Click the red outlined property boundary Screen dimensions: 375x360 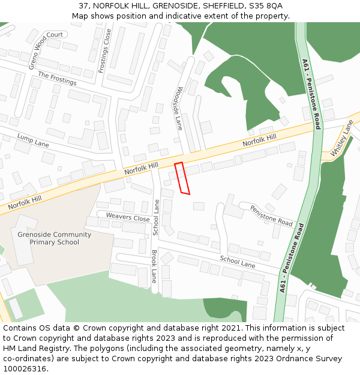[x=182, y=178]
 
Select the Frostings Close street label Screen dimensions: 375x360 [x=104, y=51]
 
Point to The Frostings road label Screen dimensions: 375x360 [x=57, y=78]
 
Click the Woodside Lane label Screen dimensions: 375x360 [x=179, y=108]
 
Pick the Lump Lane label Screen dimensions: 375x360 [x=33, y=140]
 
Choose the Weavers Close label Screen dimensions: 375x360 [x=128, y=217]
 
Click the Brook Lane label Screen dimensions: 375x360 [x=154, y=266]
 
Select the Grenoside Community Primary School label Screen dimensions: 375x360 [x=55, y=238]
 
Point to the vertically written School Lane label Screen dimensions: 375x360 [x=156, y=217]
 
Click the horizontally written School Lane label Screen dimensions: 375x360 [x=237, y=261]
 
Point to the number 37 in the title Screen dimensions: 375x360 [x=83, y=6]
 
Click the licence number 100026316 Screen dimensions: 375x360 [x=25, y=368]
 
